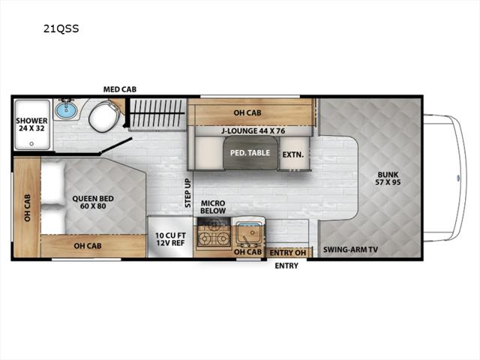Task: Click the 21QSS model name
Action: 61,28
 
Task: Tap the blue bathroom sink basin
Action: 65,110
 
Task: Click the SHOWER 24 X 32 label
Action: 31,124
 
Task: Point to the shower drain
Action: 31,143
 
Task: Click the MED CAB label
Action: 120,89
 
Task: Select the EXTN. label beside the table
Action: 293,154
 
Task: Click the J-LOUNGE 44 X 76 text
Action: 253,131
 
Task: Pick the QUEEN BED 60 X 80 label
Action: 93,202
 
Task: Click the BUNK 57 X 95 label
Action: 388,178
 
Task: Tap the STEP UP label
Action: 187,193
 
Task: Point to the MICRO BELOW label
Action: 213,207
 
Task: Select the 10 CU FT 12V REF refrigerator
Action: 170,237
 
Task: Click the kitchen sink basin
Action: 250,235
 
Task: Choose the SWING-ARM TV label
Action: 350,250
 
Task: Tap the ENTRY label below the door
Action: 286,265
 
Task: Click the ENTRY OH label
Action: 288,253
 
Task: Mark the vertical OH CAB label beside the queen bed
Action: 28,208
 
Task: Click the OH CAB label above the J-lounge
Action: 247,112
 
